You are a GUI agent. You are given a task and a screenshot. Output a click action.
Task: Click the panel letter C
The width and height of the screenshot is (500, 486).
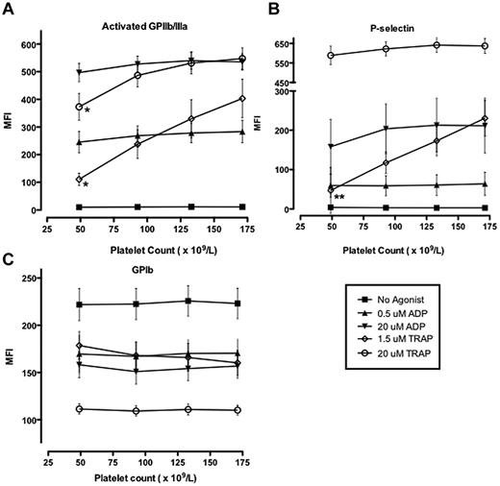[x=8, y=256]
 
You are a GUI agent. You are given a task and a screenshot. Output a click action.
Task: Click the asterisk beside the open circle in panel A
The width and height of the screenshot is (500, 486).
[x=87, y=111]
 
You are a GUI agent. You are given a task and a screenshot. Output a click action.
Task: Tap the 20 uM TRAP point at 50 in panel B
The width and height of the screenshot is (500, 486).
[x=332, y=56]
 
